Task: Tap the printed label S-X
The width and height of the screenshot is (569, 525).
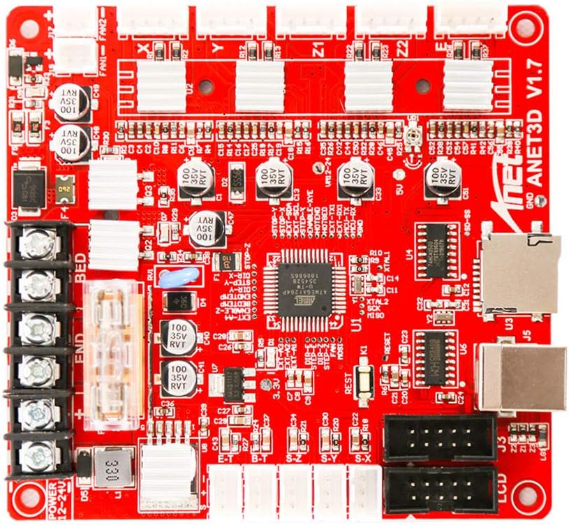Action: click(363, 459)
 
